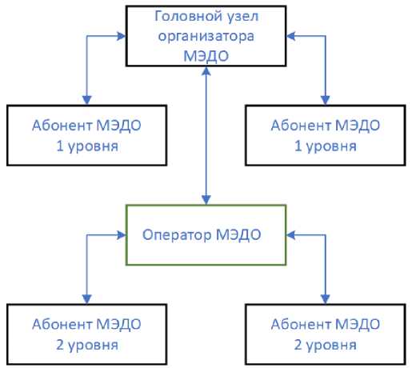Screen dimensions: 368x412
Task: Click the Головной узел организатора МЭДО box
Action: click(x=206, y=34)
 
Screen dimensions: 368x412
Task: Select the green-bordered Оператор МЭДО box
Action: click(x=206, y=235)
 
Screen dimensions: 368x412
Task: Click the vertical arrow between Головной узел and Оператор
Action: click(x=206, y=136)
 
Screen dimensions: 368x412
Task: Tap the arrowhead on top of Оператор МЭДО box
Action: click(x=206, y=200)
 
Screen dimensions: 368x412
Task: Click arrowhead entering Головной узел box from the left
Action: click(x=121, y=34)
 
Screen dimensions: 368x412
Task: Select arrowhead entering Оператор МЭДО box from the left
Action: click(x=122, y=235)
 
